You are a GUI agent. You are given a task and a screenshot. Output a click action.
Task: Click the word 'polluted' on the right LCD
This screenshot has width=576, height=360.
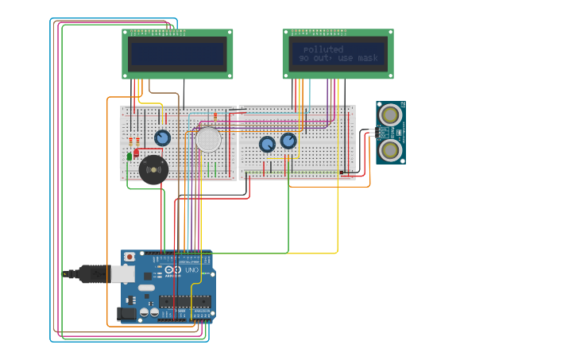[x=323, y=49]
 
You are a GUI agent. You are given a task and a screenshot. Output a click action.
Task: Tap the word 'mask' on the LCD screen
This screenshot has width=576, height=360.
[x=368, y=58]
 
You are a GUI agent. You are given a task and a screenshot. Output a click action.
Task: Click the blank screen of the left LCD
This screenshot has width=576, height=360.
[x=177, y=54]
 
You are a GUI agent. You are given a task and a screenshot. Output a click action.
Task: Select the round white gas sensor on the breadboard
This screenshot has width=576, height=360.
[x=208, y=139]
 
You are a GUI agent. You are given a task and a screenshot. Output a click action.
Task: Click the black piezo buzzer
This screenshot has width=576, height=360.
[x=153, y=169]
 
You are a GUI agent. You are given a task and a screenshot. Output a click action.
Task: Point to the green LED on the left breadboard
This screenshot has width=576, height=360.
[x=130, y=156]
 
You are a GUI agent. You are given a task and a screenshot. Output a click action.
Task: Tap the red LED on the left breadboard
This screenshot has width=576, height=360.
[x=136, y=152]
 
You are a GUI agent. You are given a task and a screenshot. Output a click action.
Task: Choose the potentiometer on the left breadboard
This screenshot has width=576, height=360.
[x=162, y=137]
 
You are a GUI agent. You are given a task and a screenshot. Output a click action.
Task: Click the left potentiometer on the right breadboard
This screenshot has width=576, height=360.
[x=267, y=144]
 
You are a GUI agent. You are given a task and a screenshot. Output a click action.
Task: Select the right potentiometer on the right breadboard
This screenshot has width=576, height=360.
[x=288, y=141]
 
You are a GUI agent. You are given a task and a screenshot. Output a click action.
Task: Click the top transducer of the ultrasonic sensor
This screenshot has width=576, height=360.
[x=390, y=114]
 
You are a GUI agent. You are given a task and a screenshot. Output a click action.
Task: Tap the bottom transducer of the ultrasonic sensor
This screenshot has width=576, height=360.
[x=390, y=149]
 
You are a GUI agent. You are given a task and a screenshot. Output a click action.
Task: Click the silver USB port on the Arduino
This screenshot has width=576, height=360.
[x=122, y=273]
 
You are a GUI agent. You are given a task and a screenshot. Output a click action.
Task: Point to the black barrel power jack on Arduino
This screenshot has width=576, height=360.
[x=125, y=314]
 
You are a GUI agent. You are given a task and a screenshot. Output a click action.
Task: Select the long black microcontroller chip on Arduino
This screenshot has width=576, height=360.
[x=184, y=301]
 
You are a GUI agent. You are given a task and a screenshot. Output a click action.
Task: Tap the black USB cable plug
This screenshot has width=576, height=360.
[x=91, y=273]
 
